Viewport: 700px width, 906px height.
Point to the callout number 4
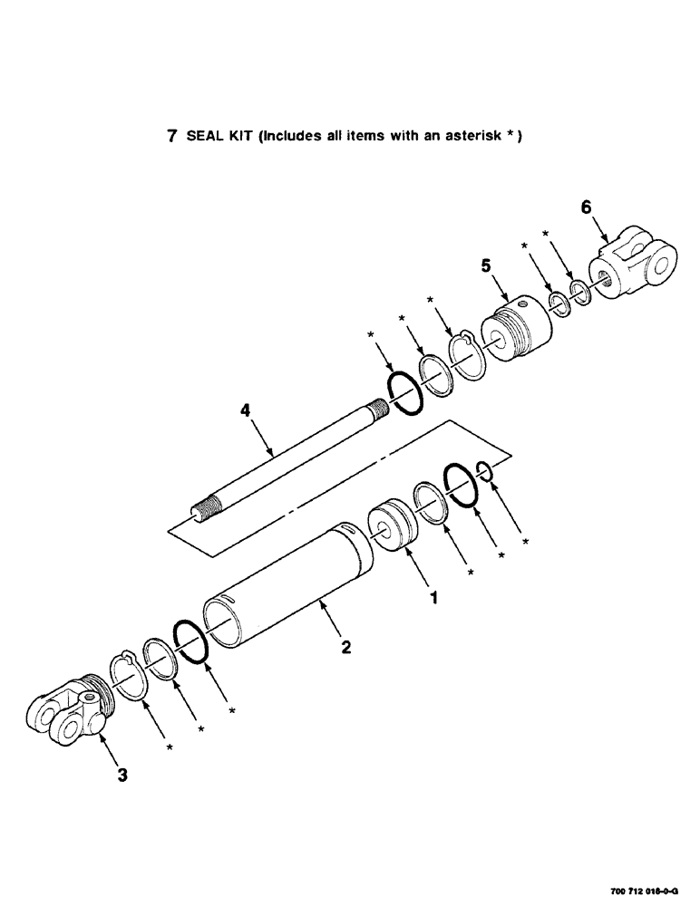tap(245, 411)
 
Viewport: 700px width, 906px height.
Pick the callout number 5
tap(485, 266)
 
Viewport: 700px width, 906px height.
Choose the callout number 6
tap(586, 207)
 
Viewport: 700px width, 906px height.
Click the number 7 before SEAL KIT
tap(171, 137)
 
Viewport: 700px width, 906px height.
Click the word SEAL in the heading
tap(202, 137)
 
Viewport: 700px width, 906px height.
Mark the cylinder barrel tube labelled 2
tap(290, 589)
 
